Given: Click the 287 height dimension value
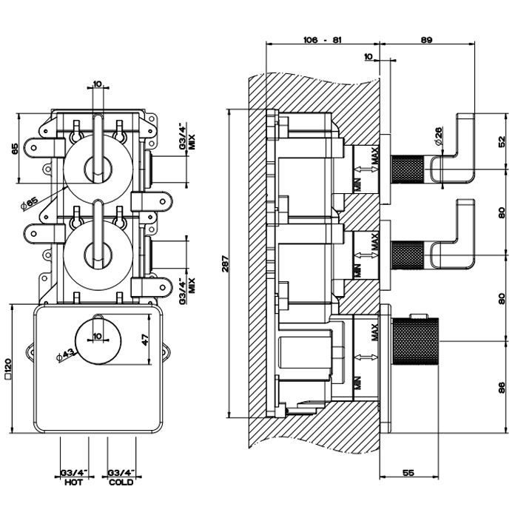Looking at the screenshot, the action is (x=225, y=263).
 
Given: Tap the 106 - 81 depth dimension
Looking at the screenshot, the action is (x=323, y=40).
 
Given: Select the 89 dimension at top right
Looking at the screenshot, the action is (x=426, y=40).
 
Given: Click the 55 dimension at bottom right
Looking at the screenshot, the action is (x=408, y=473).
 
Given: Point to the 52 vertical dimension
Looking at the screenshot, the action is (x=502, y=142).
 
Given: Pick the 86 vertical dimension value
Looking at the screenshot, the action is (x=502, y=387).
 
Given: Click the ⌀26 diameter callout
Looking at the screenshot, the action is (x=439, y=135).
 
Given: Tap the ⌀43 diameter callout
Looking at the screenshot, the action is (x=65, y=356).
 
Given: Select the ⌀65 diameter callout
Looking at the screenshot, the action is (x=29, y=203).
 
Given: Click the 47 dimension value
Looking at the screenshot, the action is (x=145, y=340).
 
